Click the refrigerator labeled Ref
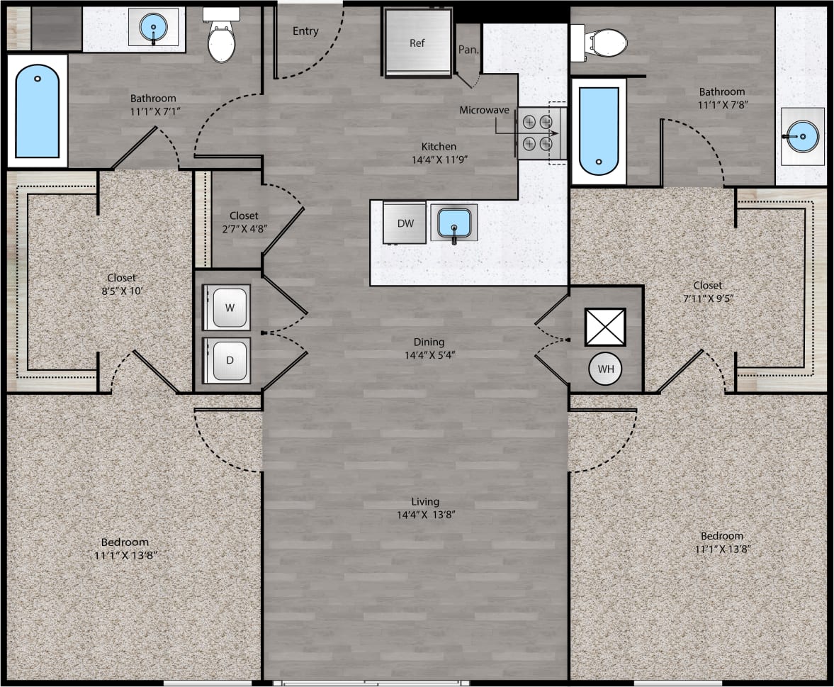pyautogui.click(x=418, y=42)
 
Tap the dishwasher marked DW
pyautogui.click(x=405, y=223)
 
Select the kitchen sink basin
pyautogui.click(x=453, y=222)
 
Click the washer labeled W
pyautogui.click(x=227, y=308)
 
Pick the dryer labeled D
pyautogui.click(x=227, y=359)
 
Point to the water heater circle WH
pyautogui.click(x=605, y=369)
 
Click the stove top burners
pyautogui.click(x=536, y=133)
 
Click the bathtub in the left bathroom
pyautogui.click(x=38, y=111)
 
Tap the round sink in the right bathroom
pyautogui.click(x=802, y=132)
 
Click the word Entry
pyautogui.click(x=305, y=31)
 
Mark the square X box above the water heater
pyautogui.click(x=605, y=326)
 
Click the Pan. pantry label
pyautogui.click(x=468, y=50)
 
